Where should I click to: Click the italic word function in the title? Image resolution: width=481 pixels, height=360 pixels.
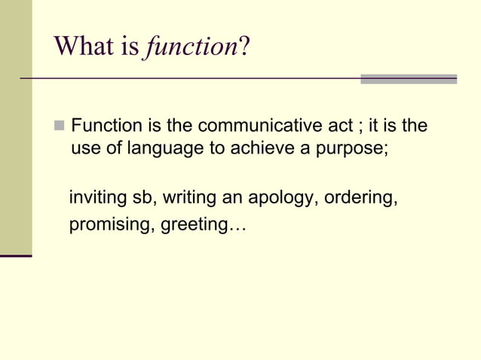190,47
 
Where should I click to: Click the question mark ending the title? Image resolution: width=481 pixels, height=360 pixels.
244,47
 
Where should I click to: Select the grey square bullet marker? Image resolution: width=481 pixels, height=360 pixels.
60,125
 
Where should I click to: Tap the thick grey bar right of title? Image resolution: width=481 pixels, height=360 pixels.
409,78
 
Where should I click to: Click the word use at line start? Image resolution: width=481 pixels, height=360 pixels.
84,149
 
